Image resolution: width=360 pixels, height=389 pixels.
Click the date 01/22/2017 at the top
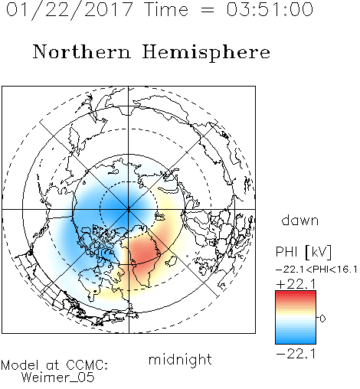(70, 10)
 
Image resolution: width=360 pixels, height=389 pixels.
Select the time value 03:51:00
(270, 9)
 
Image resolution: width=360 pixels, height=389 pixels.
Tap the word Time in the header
(166, 9)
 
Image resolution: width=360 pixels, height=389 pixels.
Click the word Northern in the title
(82, 51)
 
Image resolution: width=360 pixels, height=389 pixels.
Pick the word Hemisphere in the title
(206, 53)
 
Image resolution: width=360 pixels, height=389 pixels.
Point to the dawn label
(300, 220)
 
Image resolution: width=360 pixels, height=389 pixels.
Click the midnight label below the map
(180, 359)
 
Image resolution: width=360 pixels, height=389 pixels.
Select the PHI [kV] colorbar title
(303, 252)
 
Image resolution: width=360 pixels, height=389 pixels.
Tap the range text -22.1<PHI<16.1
(316, 270)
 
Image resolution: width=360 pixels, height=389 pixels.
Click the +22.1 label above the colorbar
(296, 284)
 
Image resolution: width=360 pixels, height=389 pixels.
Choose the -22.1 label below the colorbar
(296, 354)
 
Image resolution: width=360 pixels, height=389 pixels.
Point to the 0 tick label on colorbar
(322, 319)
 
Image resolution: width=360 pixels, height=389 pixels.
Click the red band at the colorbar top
(296, 294)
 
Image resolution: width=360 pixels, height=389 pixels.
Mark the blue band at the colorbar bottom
(296, 339)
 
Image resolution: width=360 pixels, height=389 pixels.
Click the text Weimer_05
(58, 377)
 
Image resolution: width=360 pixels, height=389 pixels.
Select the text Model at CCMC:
(54, 365)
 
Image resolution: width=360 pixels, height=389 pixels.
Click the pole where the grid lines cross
(129, 210)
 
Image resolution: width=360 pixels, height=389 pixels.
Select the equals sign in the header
(207, 10)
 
